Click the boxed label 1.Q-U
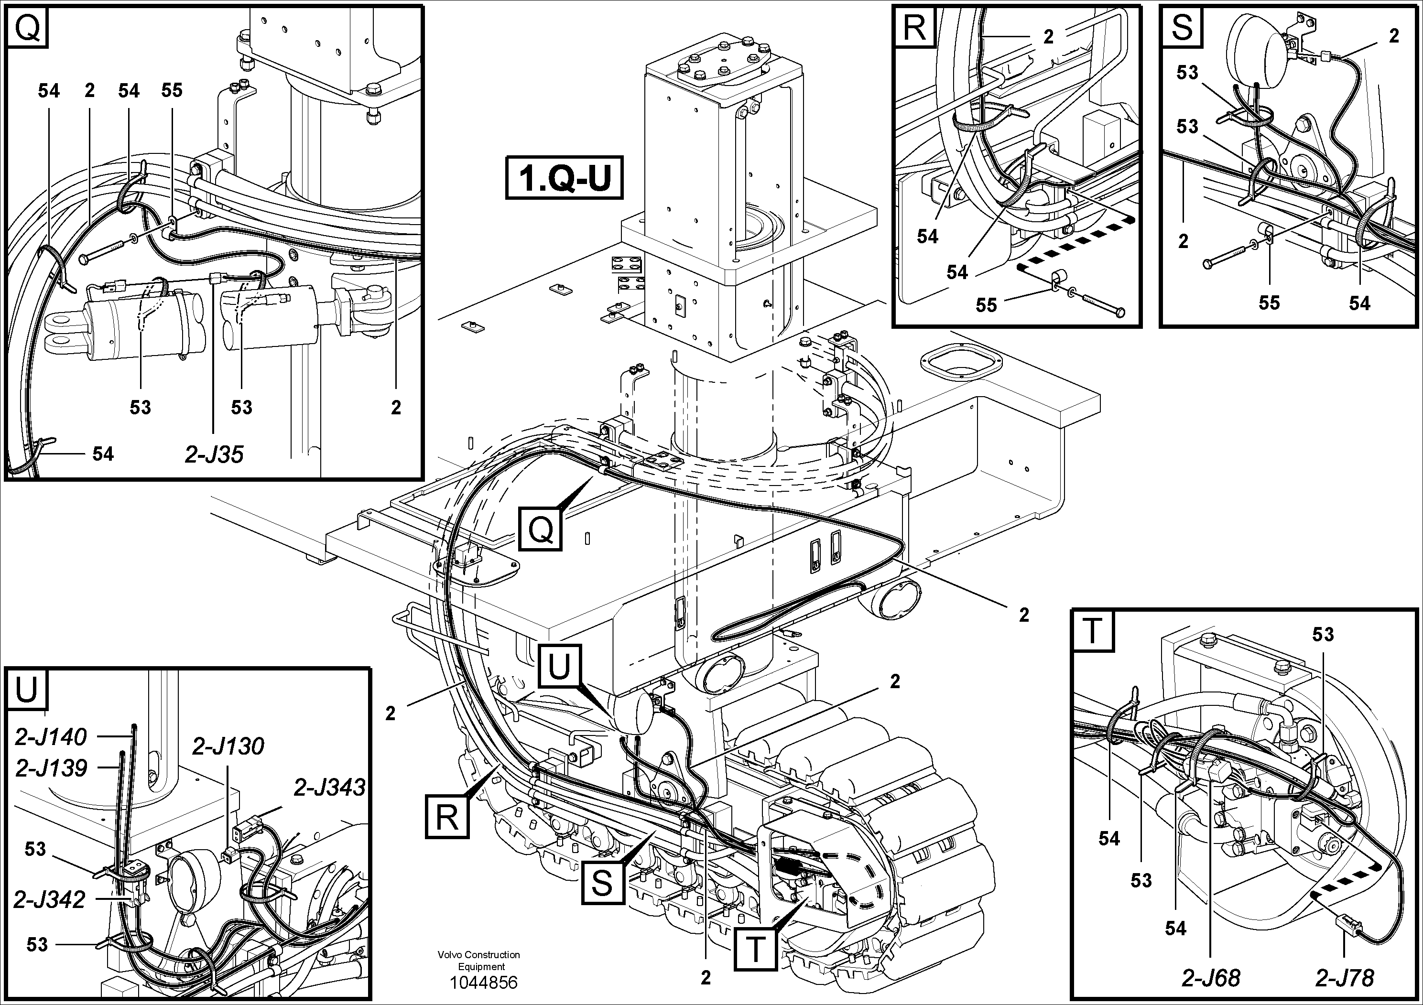coord(564,178)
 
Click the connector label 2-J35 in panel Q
coord(214,455)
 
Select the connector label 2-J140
coord(51,737)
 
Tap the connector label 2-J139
coord(51,768)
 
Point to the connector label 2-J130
coord(228,746)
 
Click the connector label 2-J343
coord(329,788)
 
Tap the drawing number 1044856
coord(483,983)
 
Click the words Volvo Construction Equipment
coord(478,961)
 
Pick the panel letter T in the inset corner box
coord(1093,631)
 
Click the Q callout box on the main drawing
coord(541,529)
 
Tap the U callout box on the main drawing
coord(560,667)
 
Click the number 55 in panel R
coord(986,305)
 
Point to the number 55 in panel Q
coord(172,90)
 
